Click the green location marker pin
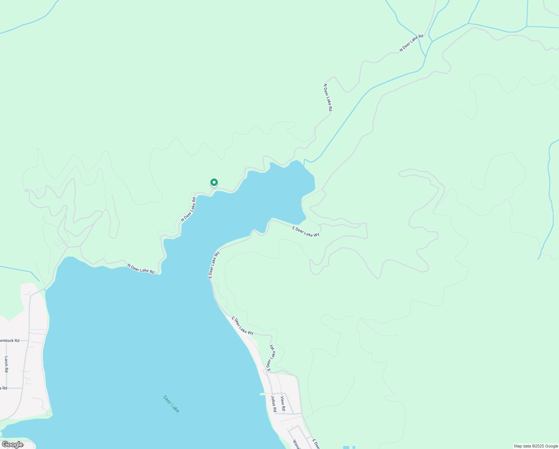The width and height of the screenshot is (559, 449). tap(214, 183)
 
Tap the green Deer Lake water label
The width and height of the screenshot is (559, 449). tap(171, 404)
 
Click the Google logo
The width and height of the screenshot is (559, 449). tap(12, 445)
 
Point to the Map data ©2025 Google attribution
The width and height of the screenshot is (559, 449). tap(535, 446)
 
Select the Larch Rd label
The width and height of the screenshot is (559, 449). tap(6, 364)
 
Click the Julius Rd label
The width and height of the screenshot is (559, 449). tap(274, 404)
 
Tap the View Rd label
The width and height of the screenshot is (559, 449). tap(283, 404)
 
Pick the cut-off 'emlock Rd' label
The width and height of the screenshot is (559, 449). tap(9, 340)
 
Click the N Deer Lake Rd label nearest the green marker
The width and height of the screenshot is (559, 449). tap(188, 210)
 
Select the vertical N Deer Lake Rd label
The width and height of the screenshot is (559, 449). tap(328, 97)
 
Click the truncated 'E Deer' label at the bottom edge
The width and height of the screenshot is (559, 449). tap(316, 444)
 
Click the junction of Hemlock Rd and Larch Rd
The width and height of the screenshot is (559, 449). tap(6, 340)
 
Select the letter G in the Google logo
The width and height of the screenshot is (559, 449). tap(5, 445)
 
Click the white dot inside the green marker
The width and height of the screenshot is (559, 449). tap(214, 182)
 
